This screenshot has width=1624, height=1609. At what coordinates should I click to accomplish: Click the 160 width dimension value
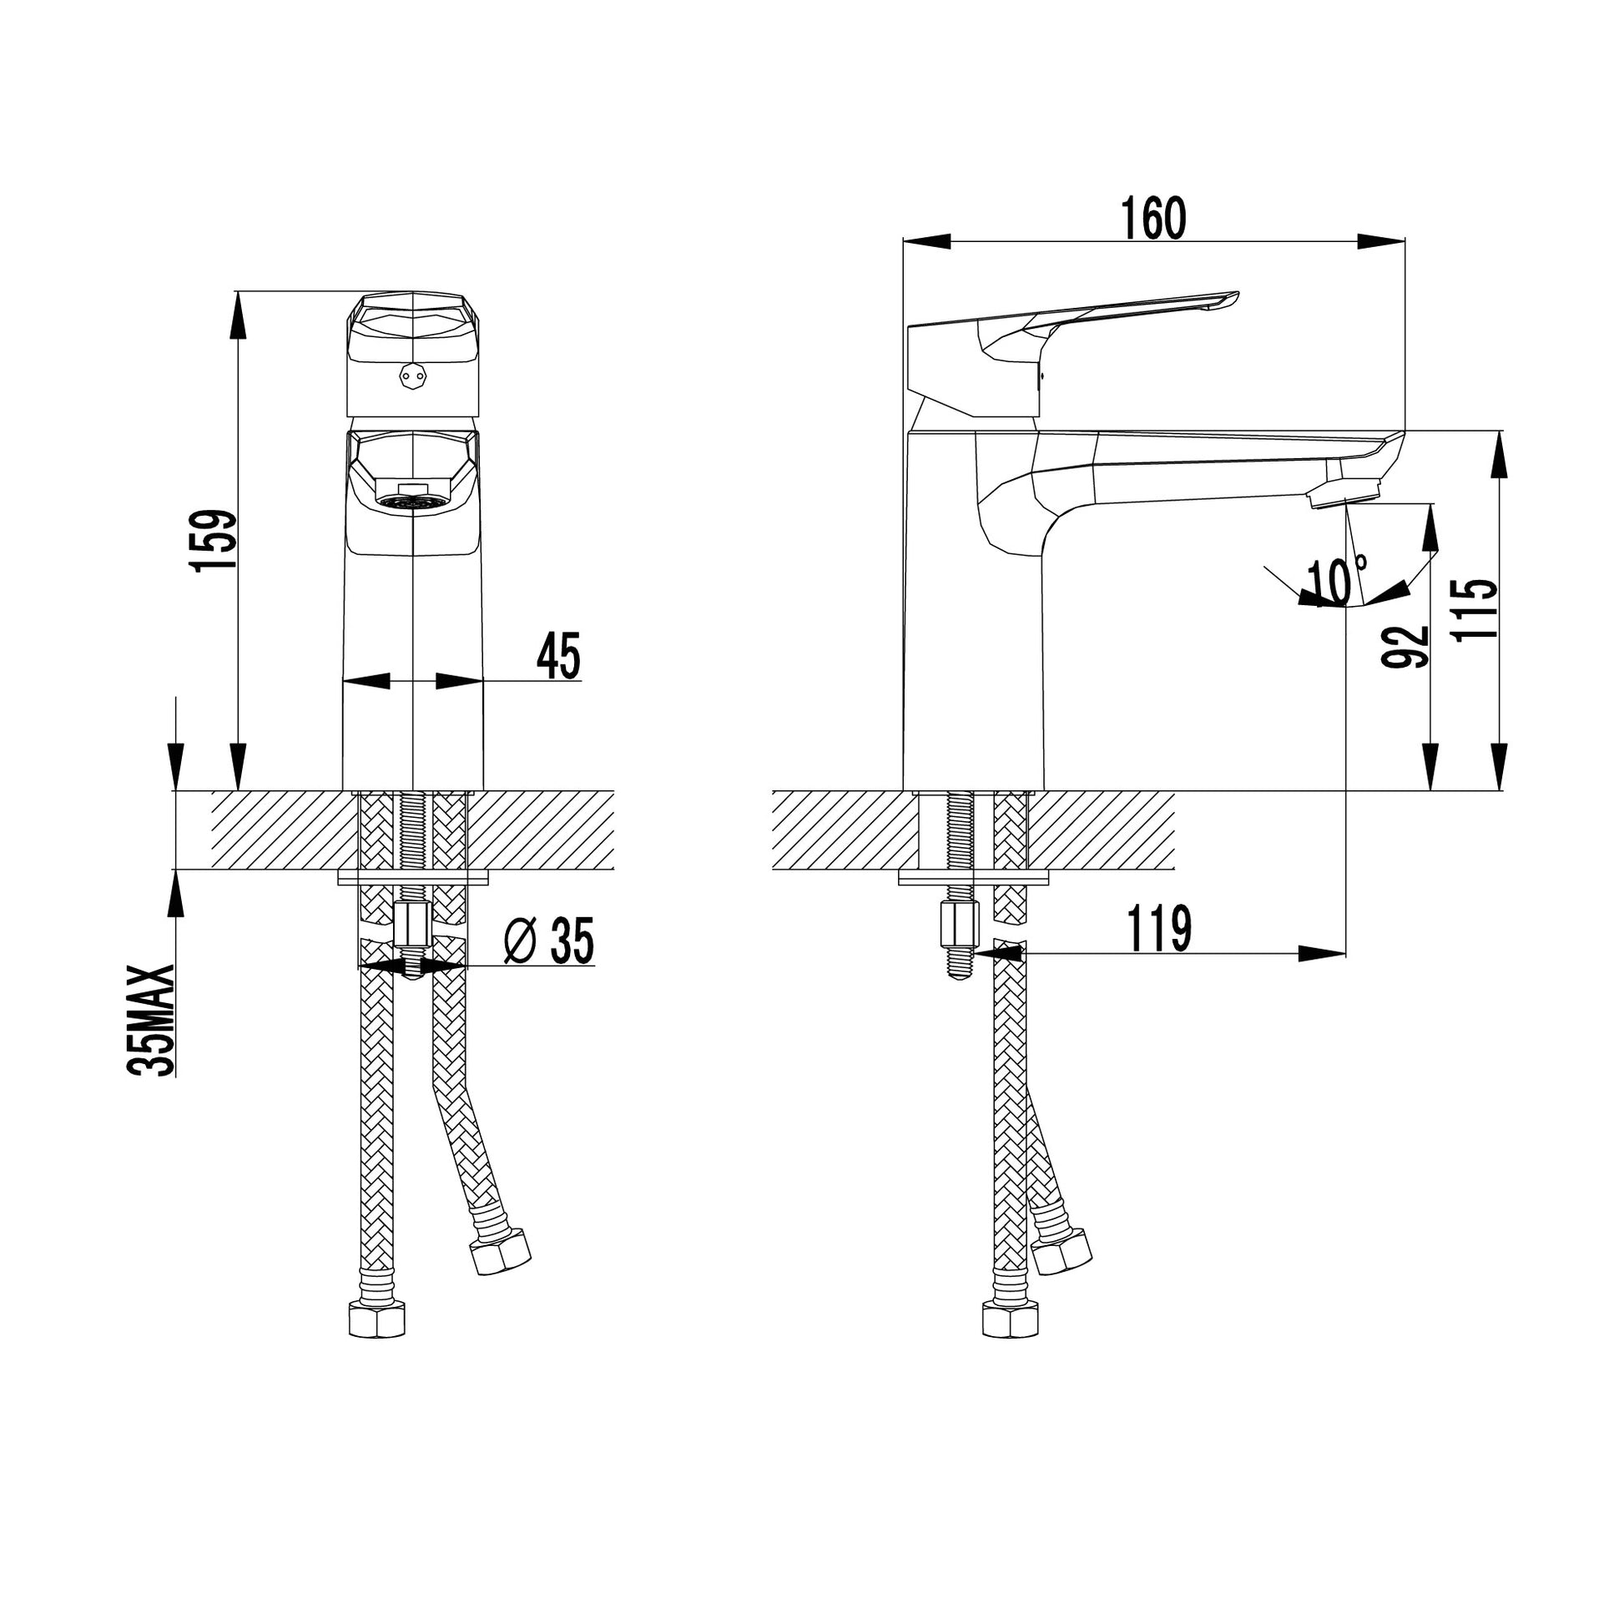point(1153,218)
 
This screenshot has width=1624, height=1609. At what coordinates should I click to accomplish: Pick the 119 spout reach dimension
point(1159,929)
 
